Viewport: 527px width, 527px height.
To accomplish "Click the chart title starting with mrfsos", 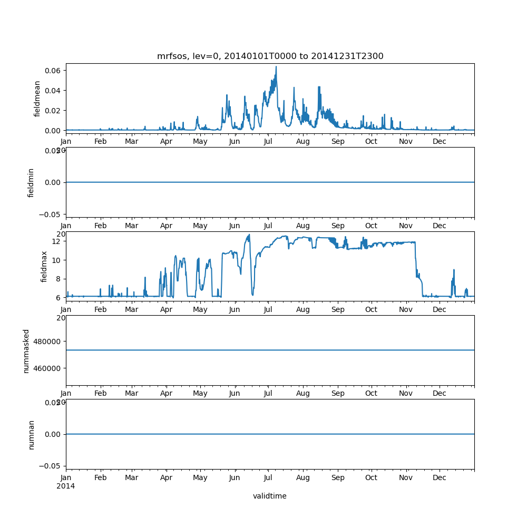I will pyautogui.click(x=270, y=56).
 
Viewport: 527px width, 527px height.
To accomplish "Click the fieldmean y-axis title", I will pyautogui.click(x=37, y=99).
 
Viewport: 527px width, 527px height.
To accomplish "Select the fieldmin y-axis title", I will pyautogui.click(x=31, y=182).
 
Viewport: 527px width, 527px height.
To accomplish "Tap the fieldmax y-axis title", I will pyautogui.click(x=44, y=266).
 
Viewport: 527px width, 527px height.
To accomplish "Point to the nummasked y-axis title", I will pyautogui.click(x=26, y=350).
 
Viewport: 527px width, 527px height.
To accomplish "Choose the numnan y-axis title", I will pyautogui.click(x=31, y=434).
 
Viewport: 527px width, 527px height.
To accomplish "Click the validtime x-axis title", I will pyautogui.click(x=270, y=496).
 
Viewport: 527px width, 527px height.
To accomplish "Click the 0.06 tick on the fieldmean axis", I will pyautogui.click(x=53, y=71).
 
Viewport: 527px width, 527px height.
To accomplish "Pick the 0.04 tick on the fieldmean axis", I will pyautogui.click(x=53, y=91).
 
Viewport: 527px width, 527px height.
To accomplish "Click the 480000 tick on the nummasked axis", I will pyautogui.click(x=47, y=341).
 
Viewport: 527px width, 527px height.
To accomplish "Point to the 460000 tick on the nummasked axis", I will pyautogui.click(x=47, y=368).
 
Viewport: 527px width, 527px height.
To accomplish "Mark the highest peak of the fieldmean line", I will pyautogui.click(x=276, y=67).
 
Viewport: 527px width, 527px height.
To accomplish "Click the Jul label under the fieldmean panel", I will pyautogui.click(x=268, y=141).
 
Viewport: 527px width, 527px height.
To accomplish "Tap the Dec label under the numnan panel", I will pyautogui.click(x=440, y=477).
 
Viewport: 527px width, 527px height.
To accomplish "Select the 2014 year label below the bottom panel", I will pyautogui.click(x=65, y=486).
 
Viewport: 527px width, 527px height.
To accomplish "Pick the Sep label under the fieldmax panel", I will pyautogui.click(x=338, y=309).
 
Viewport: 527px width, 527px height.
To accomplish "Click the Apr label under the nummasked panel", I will pyautogui.click(x=167, y=393).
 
